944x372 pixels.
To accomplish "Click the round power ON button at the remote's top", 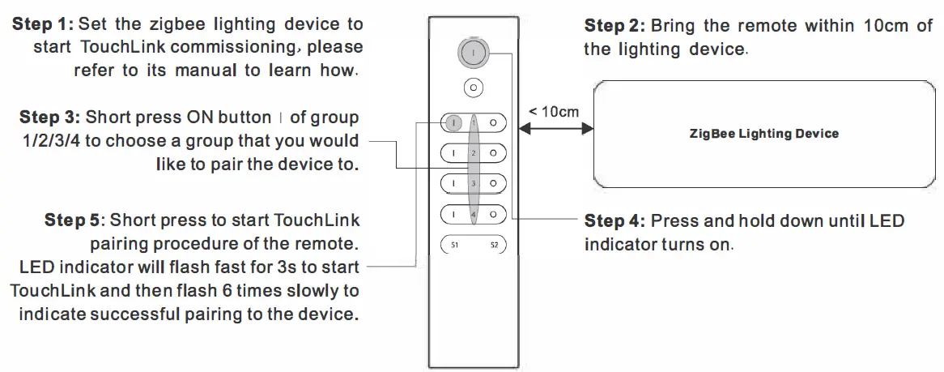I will pyautogui.click(x=473, y=53).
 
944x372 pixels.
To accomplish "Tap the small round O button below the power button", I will pyautogui.click(x=474, y=88).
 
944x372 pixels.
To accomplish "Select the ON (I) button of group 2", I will pyautogui.click(x=454, y=152).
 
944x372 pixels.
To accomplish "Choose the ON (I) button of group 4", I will pyautogui.click(x=454, y=214).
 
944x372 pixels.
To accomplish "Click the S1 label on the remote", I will pyautogui.click(x=453, y=244).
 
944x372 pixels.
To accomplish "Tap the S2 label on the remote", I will pyautogui.click(x=494, y=244).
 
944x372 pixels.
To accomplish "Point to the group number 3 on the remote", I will pyautogui.click(x=474, y=184).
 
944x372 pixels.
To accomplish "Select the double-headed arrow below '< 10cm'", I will pyautogui.click(x=556, y=128).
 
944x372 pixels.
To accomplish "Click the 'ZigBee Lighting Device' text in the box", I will pyautogui.click(x=763, y=134).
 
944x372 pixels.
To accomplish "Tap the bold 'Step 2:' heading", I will pyautogui.click(x=614, y=26).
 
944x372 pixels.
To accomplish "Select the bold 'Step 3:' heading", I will pyautogui.click(x=49, y=118).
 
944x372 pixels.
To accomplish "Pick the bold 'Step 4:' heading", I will pyautogui.click(x=614, y=221).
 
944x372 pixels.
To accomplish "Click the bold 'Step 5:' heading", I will pyautogui.click(x=74, y=220).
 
